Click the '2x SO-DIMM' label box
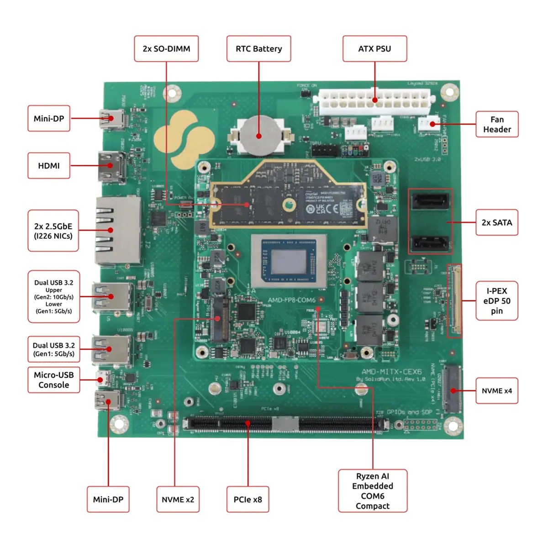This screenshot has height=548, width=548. pyautogui.click(x=166, y=49)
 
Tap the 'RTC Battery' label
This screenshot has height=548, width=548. pyautogui.click(x=258, y=49)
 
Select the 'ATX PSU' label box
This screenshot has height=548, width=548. pyautogui.click(x=374, y=49)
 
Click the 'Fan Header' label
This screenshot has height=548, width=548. pyautogui.click(x=497, y=124)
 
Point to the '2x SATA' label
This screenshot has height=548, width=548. pyautogui.click(x=497, y=222)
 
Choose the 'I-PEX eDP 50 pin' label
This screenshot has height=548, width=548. pyautogui.click(x=497, y=300)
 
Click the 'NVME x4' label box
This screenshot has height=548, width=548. pyautogui.click(x=497, y=390)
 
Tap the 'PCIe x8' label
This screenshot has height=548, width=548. pyautogui.click(x=248, y=500)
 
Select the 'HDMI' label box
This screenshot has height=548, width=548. pyautogui.click(x=49, y=166)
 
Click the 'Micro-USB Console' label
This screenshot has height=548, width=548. pyautogui.click(x=54, y=379)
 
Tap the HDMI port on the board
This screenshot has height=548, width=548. pyautogui.click(x=111, y=167)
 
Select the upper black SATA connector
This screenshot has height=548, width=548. pyautogui.click(x=431, y=201)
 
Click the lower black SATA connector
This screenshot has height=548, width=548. pyautogui.click(x=431, y=243)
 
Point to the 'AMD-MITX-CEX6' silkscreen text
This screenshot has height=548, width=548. pyautogui.click(x=391, y=372)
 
